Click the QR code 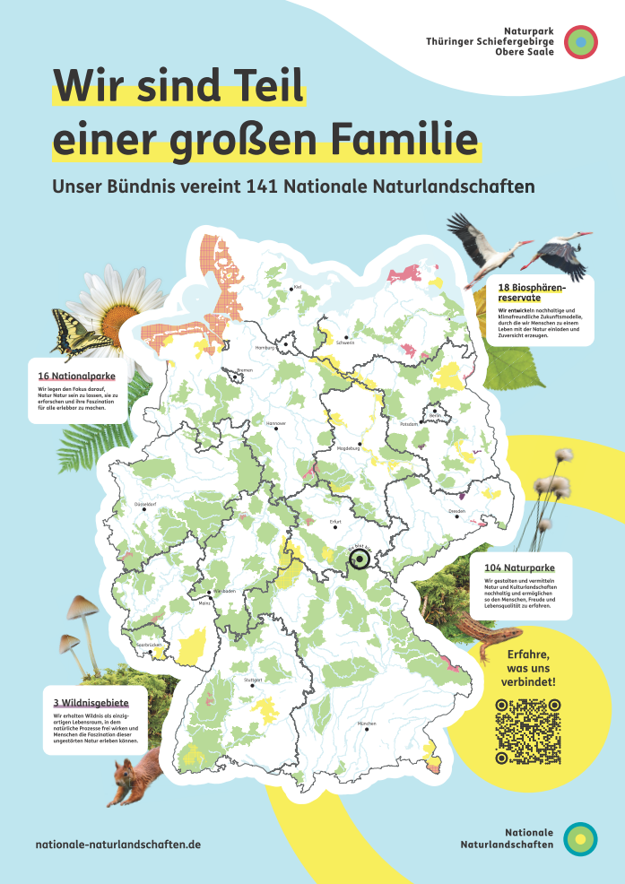(x=527, y=731)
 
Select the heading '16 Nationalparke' (x=77, y=375)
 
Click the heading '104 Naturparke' (x=519, y=568)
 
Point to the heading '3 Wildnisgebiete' (x=91, y=702)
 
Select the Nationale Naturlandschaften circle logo (x=580, y=839)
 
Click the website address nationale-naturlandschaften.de (x=118, y=845)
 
